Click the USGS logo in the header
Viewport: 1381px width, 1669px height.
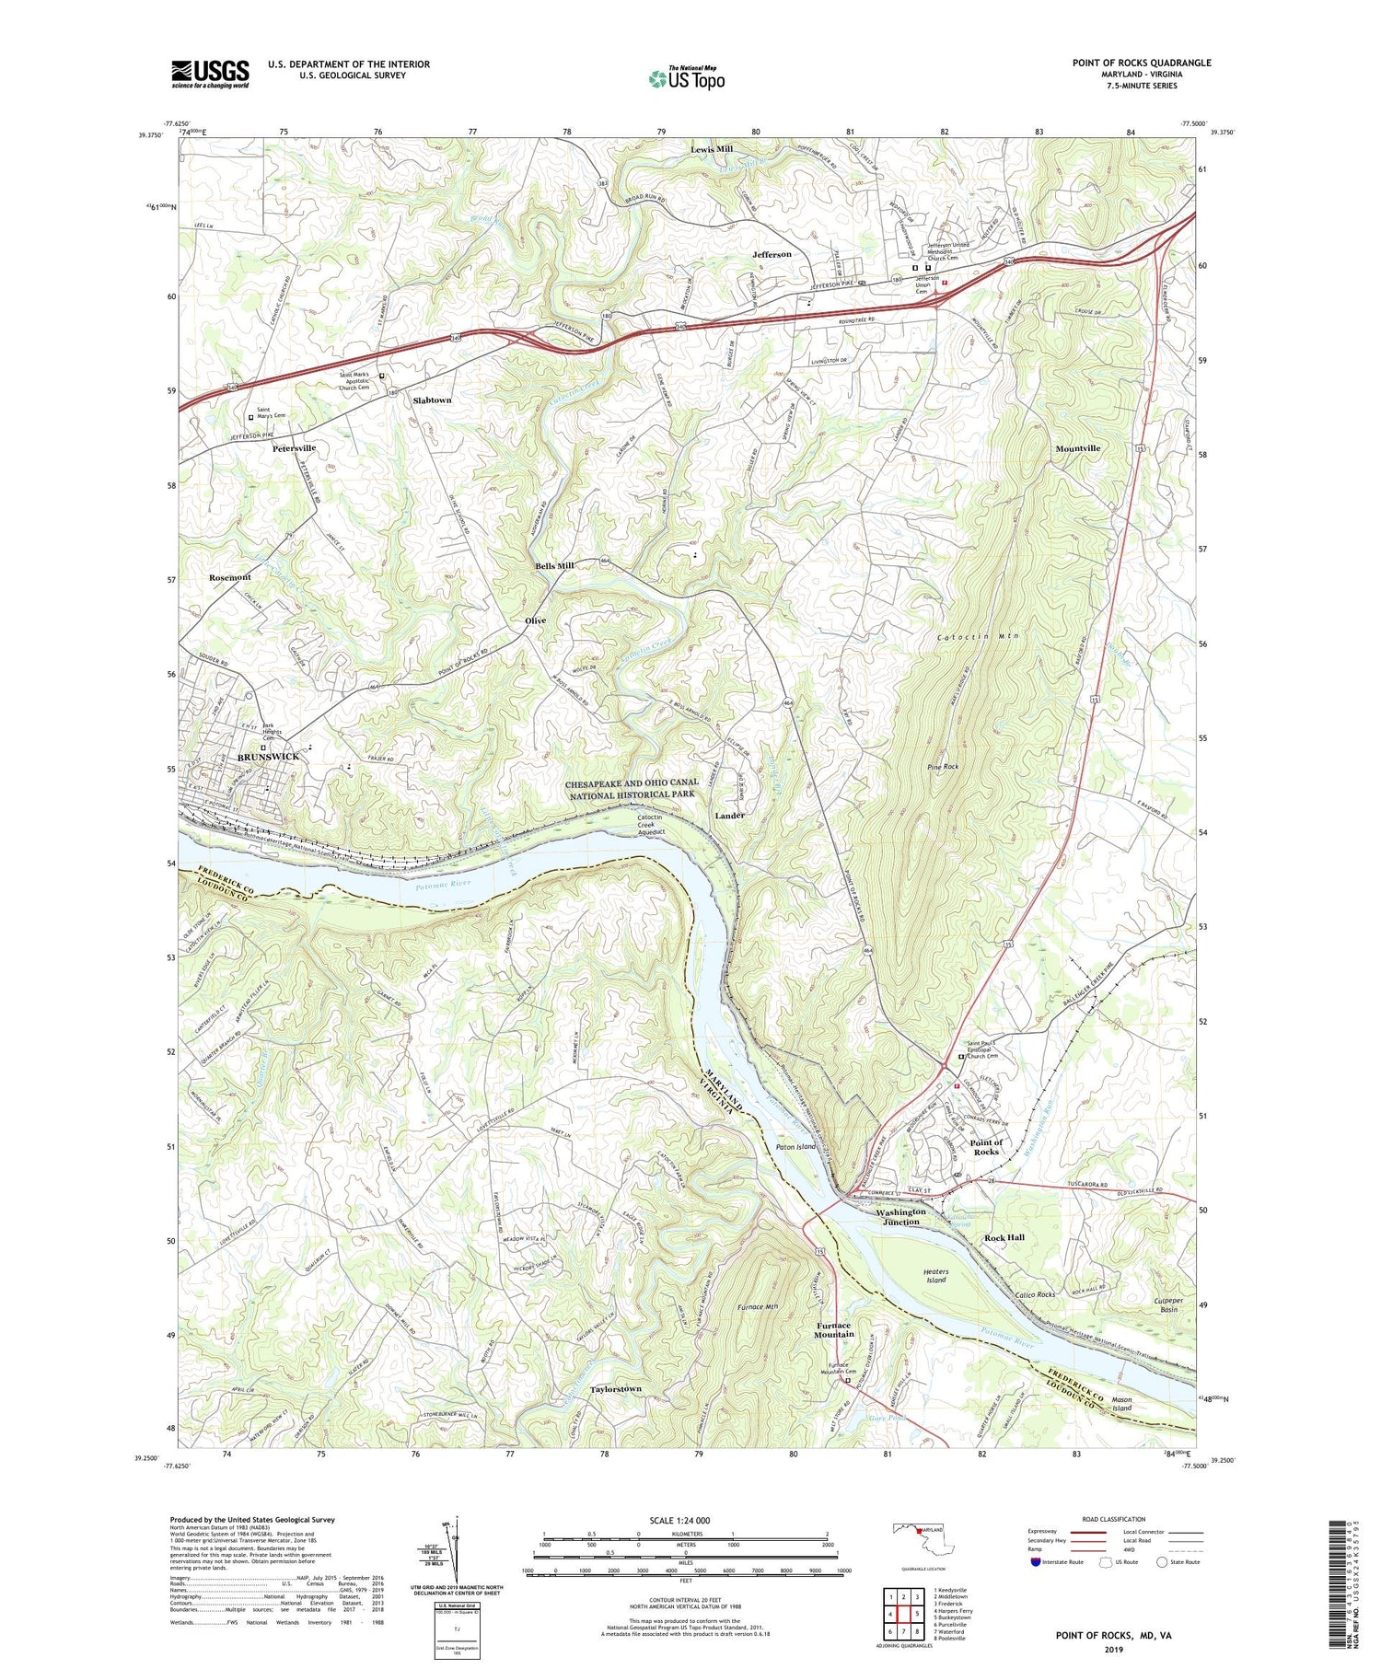[210, 74]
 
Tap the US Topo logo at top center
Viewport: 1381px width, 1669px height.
[686, 79]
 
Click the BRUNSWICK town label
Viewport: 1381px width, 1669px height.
[269, 756]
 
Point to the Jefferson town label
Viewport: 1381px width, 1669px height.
[772, 254]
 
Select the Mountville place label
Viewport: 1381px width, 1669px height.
[1077, 448]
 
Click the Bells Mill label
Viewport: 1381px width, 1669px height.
[555, 565]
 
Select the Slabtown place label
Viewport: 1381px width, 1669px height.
[432, 400]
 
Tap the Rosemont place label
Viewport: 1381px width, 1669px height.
[229, 577]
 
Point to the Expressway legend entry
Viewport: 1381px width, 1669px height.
[1047, 1532]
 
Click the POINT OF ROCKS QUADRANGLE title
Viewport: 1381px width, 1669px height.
[1141, 63]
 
